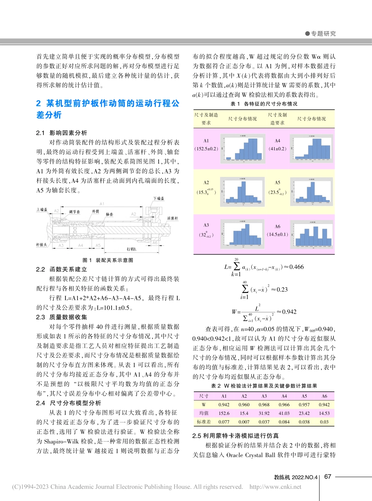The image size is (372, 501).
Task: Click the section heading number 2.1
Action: click(x=40, y=133)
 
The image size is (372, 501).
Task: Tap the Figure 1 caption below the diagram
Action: click(x=107, y=260)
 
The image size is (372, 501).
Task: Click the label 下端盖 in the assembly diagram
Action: click(x=158, y=199)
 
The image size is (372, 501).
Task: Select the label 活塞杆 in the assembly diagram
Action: click(x=173, y=218)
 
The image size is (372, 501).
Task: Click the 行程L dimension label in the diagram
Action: click(x=131, y=249)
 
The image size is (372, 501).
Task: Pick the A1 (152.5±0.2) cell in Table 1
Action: click(x=206, y=145)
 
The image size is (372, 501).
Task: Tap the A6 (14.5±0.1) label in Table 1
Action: click(x=277, y=231)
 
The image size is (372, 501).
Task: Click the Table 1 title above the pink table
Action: click(x=264, y=104)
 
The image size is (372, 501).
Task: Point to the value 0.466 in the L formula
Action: click(x=295, y=267)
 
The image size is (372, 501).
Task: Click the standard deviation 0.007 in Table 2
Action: click(x=243, y=422)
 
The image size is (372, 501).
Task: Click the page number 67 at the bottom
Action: click(x=328, y=476)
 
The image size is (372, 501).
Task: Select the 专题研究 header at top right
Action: click(x=323, y=34)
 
